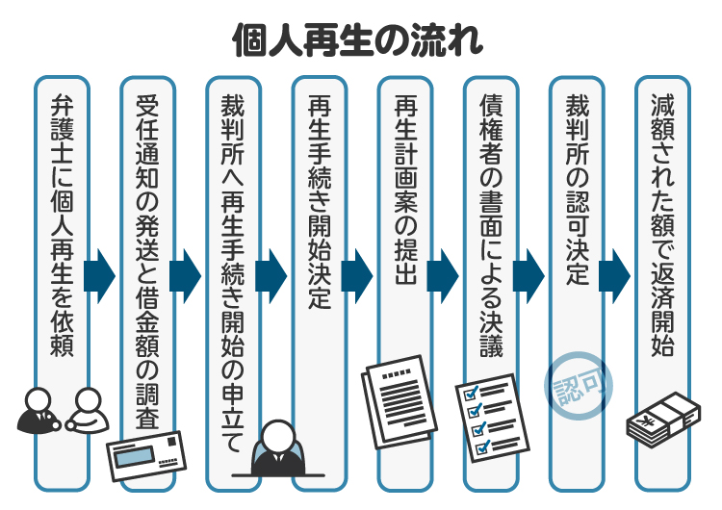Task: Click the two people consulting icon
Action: click(60, 411)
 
